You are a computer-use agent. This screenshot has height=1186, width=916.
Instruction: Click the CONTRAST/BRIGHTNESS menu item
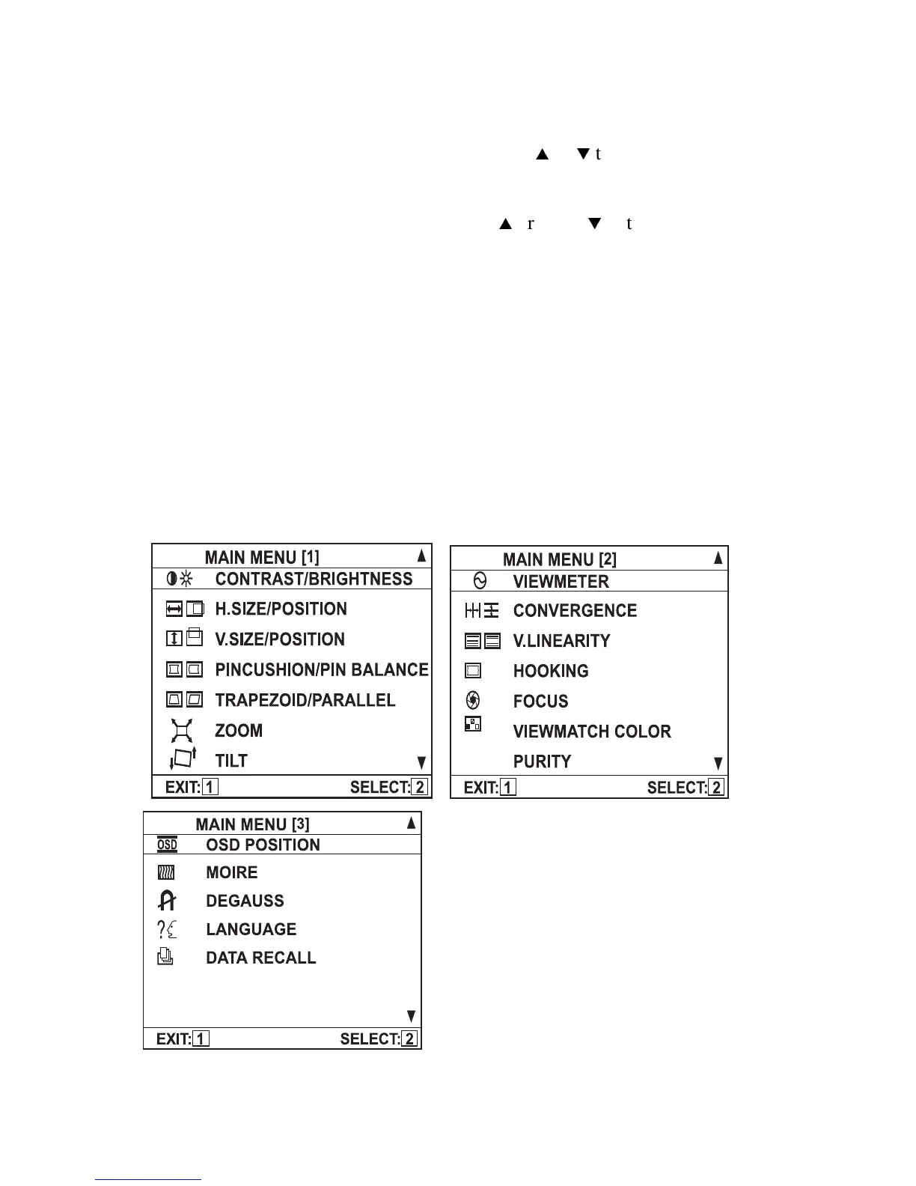[314, 579]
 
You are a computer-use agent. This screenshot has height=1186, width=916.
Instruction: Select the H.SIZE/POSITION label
[281, 609]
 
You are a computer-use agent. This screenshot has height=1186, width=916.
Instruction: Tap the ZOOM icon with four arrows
[182, 730]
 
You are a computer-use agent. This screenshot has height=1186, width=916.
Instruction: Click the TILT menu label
[231, 761]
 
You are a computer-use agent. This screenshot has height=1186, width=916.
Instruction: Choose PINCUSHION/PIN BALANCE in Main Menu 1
[322, 669]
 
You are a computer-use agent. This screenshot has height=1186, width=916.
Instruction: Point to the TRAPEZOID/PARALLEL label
[305, 700]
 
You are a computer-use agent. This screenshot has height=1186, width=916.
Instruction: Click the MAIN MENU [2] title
[560, 559]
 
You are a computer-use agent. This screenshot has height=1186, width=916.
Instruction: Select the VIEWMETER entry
[561, 581]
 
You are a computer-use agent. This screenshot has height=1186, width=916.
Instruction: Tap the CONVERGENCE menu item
[575, 610]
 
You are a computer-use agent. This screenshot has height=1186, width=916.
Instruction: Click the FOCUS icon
[473, 700]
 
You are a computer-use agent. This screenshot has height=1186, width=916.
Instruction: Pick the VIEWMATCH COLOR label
[592, 732]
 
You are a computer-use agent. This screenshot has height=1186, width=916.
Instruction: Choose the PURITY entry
[542, 761]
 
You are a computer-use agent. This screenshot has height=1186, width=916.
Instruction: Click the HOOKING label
[551, 671]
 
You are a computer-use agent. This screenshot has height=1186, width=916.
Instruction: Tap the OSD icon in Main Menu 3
[167, 845]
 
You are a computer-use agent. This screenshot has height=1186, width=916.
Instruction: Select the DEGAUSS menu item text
[245, 901]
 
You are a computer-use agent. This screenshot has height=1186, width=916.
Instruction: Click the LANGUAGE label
[251, 929]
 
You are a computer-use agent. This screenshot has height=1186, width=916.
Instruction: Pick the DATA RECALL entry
[260, 958]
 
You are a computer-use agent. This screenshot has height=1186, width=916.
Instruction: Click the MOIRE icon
[166, 872]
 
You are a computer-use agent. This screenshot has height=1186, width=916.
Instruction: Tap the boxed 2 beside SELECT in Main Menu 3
[409, 1038]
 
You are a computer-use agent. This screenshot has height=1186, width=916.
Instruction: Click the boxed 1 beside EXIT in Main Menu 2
[508, 787]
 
